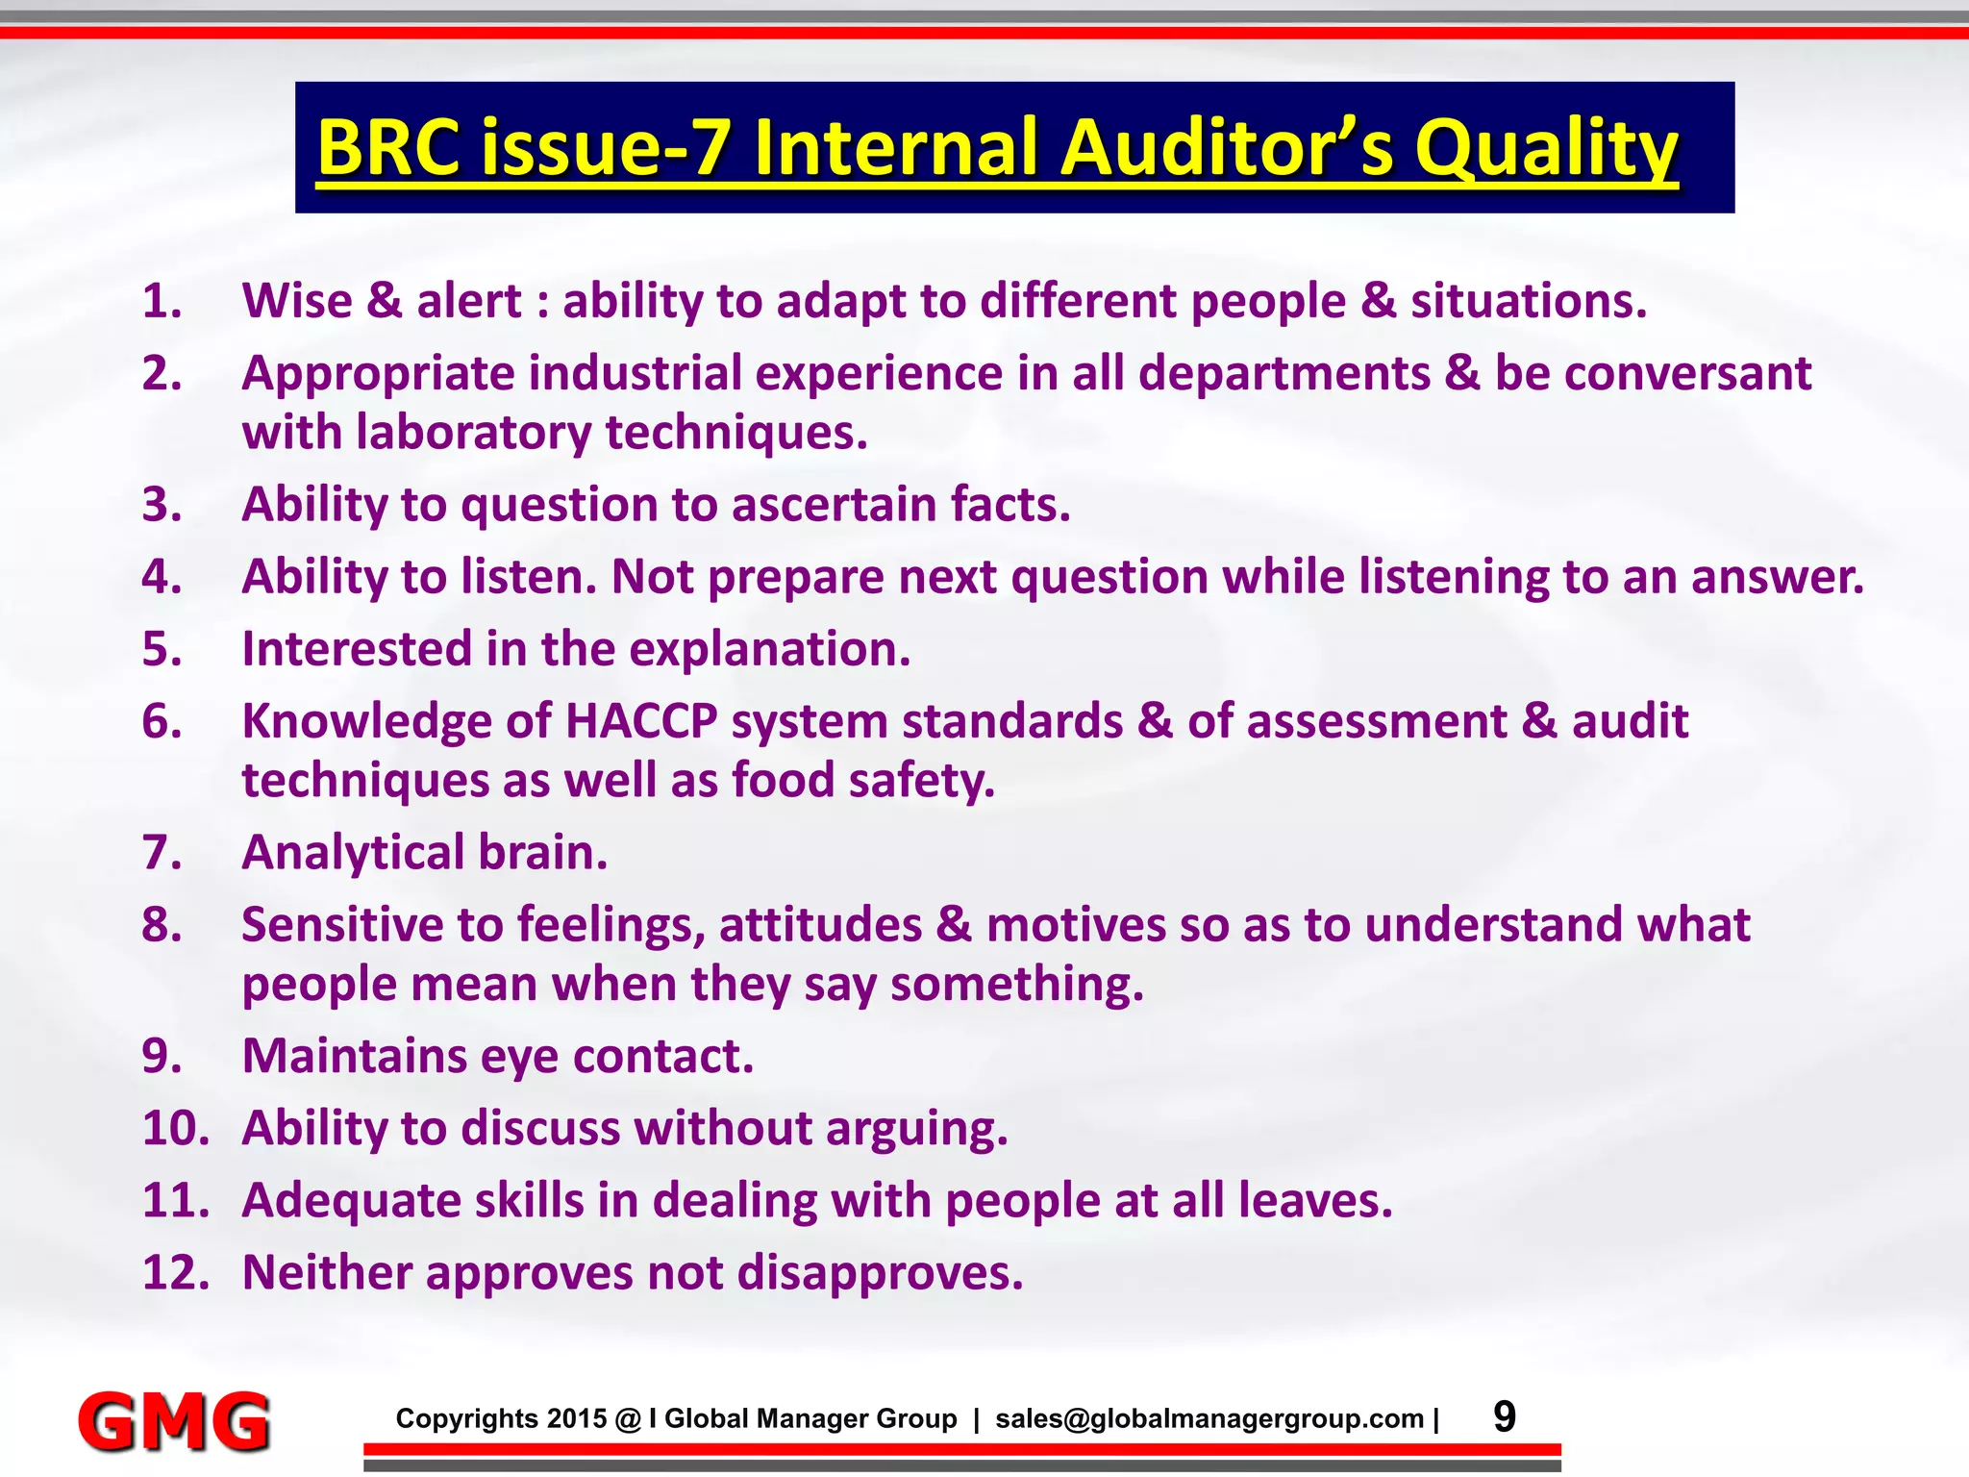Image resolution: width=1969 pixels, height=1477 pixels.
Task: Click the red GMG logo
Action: click(x=174, y=1420)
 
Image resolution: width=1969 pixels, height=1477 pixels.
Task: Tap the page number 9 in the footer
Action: click(x=1505, y=1416)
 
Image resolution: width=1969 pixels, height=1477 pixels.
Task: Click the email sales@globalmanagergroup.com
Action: click(x=1209, y=1418)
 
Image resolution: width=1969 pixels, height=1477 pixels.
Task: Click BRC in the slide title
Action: click(x=388, y=148)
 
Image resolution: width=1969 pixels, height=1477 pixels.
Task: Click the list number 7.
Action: click(x=162, y=852)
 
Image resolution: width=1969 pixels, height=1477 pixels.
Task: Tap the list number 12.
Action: click(x=175, y=1272)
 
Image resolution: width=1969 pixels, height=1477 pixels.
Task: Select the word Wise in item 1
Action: click(x=297, y=301)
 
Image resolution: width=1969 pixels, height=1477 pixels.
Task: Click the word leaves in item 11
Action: click(x=1314, y=1200)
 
